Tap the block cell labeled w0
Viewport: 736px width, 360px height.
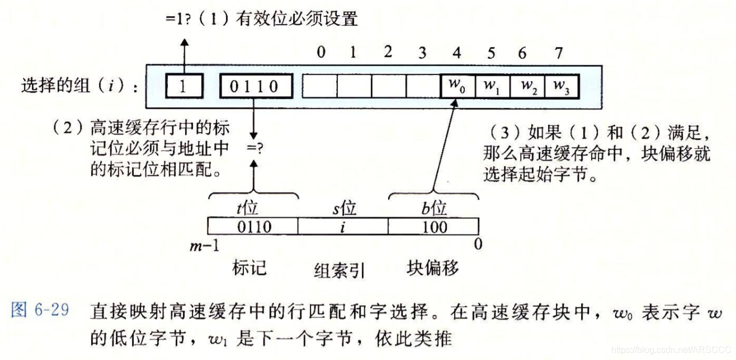pyautogui.click(x=458, y=86)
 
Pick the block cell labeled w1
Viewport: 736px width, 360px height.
pyautogui.click(x=492, y=86)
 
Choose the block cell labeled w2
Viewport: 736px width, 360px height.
pyautogui.click(x=527, y=86)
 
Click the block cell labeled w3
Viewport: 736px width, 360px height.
pyautogui.click(x=561, y=86)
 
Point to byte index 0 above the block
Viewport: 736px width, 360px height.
pyautogui.click(x=320, y=53)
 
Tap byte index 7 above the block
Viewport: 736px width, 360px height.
pyautogui.click(x=558, y=53)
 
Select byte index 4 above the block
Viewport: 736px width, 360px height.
pyautogui.click(x=457, y=53)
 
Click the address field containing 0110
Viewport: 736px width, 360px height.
pyautogui.click(x=253, y=226)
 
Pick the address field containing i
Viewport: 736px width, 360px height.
pyautogui.click(x=342, y=226)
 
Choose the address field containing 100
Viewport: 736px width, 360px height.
pyautogui.click(x=433, y=226)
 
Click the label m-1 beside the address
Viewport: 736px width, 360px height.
pyautogui.click(x=204, y=245)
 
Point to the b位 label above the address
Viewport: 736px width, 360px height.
pyautogui.click(x=434, y=209)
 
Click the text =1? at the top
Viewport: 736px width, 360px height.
pyautogui.click(x=180, y=19)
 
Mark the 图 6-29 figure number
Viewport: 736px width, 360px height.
pyautogui.click(x=39, y=311)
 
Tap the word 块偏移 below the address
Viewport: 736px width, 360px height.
pyautogui.click(x=433, y=268)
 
